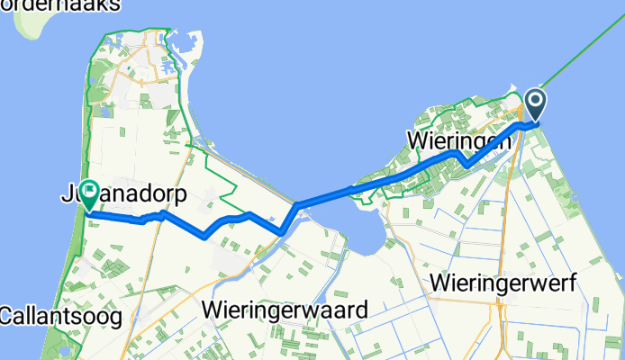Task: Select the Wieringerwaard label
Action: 285,310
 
